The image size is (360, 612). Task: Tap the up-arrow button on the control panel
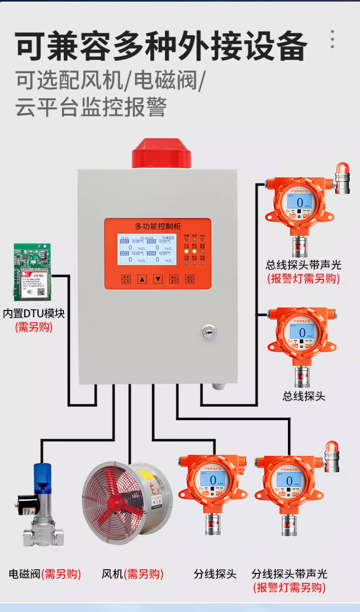tap(142, 279)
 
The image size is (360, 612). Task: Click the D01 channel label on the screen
tap(124, 242)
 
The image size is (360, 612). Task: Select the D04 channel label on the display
tap(151, 253)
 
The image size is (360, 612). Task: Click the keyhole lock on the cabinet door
tap(208, 331)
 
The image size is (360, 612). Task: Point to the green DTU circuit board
tap(32, 271)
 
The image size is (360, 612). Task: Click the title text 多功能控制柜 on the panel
tap(157, 225)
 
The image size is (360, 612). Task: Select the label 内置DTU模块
tap(34, 314)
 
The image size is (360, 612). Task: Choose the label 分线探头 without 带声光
tap(215, 574)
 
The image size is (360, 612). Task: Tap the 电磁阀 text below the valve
tap(25, 574)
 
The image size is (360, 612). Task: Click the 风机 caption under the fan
tap(113, 574)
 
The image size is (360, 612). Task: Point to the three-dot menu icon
tap(332, 39)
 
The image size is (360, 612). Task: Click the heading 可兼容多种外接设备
tap(161, 47)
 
